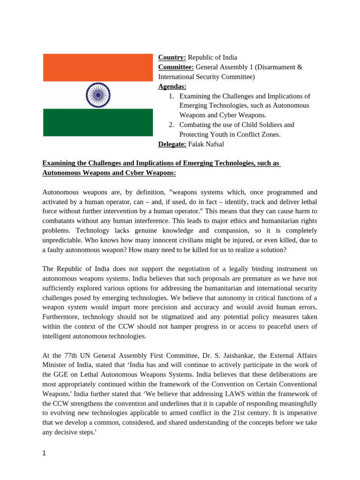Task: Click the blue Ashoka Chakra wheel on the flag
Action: point(98,95)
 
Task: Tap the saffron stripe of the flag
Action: point(98,67)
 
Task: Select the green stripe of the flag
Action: point(98,122)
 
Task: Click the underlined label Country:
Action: point(172,58)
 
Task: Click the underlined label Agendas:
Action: point(172,86)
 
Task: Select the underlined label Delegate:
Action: point(172,144)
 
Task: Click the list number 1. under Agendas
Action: point(172,96)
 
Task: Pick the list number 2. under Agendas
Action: point(172,125)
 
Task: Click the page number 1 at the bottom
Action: point(45,454)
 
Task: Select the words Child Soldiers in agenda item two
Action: point(252,125)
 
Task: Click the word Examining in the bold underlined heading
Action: point(60,163)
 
